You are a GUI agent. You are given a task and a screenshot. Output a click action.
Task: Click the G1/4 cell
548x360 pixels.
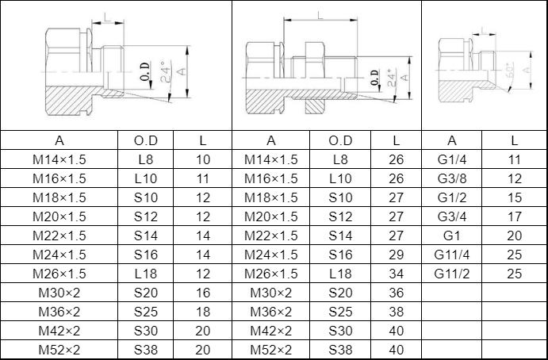[x=451, y=159]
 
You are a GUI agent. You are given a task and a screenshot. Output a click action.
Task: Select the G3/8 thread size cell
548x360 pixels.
[x=451, y=178]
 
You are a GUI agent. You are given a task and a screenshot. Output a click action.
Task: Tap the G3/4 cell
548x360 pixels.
[x=451, y=216]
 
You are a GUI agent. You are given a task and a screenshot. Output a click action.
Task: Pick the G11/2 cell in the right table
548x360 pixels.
[x=451, y=274]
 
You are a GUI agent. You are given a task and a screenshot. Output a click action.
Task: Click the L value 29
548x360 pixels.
[x=396, y=255]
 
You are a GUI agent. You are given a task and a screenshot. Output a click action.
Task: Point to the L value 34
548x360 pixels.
[x=396, y=274]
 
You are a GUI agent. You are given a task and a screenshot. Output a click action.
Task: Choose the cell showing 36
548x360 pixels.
[x=396, y=293]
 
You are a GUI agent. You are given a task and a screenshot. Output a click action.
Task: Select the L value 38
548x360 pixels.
[x=396, y=312]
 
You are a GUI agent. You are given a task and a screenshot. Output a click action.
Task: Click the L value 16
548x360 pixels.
[x=203, y=293]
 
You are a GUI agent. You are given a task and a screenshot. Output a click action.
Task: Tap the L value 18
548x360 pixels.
[x=203, y=312]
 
